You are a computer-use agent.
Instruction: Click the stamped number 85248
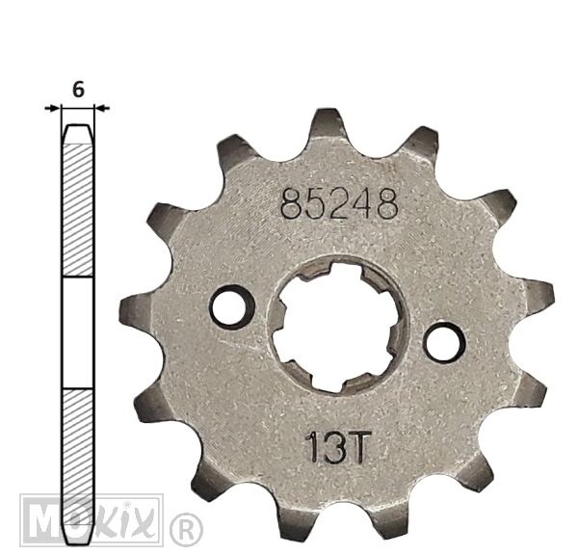tap(339, 204)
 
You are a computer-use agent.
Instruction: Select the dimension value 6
tap(78, 90)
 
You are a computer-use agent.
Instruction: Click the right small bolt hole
tap(444, 343)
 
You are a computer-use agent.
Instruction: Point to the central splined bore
tap(337, 327)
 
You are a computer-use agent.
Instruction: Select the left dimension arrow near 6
tap(52, 108)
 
